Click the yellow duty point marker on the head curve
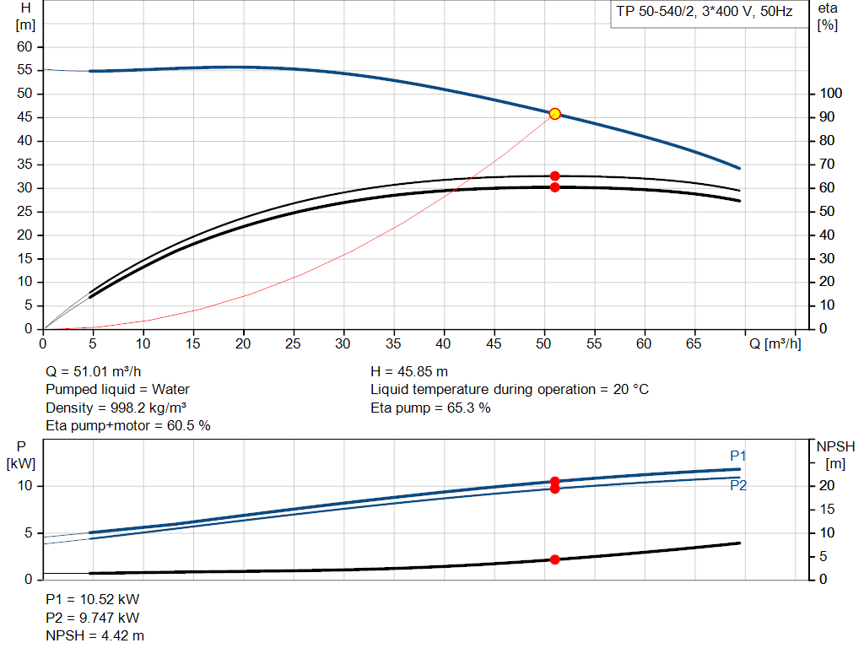555,114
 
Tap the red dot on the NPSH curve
555,559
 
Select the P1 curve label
737,456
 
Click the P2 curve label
738,485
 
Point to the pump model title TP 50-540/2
655,12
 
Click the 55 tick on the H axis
24,70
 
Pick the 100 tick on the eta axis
830,93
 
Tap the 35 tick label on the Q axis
393,343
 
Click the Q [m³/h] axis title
775,343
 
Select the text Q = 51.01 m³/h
93,371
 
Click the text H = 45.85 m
409,371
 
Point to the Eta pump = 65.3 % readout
430,408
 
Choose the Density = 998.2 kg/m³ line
116,408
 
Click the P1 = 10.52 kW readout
93,599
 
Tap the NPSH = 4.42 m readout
94,636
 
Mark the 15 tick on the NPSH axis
827,509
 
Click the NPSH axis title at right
835,455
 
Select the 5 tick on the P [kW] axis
29,532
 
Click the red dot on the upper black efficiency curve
555,176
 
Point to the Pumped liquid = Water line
117,390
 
